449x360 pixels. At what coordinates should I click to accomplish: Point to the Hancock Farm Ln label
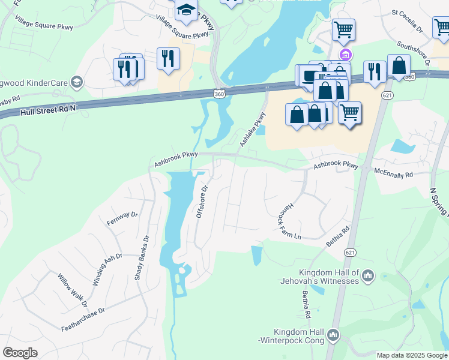tap(289, 220)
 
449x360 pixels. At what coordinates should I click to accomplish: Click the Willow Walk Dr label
tap(73, 289)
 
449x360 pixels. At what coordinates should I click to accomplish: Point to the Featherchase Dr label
tap(83, 319)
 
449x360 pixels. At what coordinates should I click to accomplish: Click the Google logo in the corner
tap(20, 353)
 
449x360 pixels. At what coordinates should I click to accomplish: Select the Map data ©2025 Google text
tap(412, 355)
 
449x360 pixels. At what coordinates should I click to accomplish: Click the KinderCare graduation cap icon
tap(76, 82)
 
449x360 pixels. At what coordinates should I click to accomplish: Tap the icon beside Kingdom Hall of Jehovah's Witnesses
tap(368, 276)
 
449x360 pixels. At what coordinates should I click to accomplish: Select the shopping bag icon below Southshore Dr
tap(399, 65)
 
